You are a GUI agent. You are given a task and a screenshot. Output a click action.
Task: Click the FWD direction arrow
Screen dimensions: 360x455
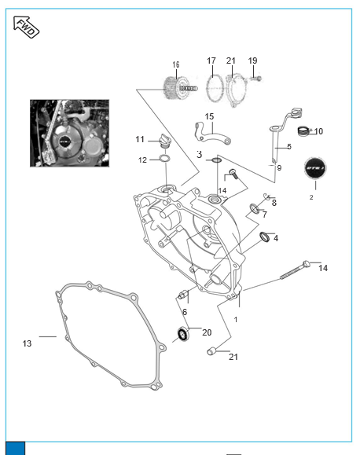point(26,27)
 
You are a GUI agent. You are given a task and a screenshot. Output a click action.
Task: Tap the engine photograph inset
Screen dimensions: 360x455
point(70,133)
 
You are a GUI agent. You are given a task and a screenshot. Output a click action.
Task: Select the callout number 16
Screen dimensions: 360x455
point(176,64)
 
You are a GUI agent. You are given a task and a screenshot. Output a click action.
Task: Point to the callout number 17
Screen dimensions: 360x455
point(211,61)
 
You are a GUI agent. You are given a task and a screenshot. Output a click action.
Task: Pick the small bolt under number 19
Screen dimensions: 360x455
point(256,78)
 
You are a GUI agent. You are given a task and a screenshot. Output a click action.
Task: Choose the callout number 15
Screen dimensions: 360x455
point(209,116)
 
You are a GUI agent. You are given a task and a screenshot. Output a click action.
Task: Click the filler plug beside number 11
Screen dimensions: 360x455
point(165,141)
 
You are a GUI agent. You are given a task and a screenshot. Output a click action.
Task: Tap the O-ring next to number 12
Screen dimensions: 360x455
point(164,159)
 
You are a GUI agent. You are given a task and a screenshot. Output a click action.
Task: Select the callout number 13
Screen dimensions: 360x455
point(27,343)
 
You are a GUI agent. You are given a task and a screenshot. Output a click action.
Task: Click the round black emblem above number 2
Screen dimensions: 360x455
point(315,168)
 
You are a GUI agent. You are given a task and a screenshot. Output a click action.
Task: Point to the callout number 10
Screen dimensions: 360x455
point(318,131)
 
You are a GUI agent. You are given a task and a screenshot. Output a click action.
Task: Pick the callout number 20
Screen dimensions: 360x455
point(207,332)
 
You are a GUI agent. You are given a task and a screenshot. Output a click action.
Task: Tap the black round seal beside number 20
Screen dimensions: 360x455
point(183,334)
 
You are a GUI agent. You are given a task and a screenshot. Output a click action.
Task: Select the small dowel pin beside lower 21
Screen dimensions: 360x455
point(211,351)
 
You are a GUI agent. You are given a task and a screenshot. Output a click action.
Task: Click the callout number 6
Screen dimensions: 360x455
point(185,312)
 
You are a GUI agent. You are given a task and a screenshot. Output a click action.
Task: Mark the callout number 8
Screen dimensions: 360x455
point(274,203)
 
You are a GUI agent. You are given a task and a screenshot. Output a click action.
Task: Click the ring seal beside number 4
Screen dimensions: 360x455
point(264,237)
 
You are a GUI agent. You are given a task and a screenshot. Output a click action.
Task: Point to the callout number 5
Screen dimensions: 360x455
point(289,146)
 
